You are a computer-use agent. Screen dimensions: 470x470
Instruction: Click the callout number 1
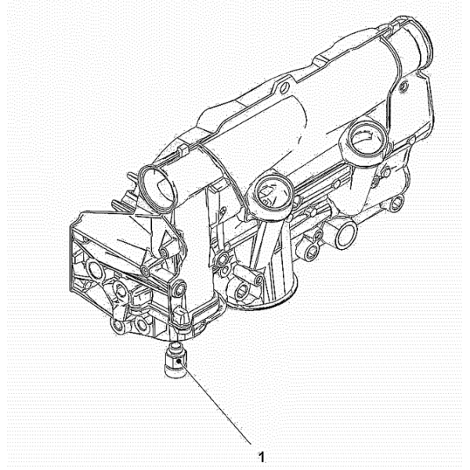pyautogui.click(x=262, y=457)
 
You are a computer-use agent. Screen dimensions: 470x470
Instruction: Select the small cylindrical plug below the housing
pyautogui.click(x=176, y=361)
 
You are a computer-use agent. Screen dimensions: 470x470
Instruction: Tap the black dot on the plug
pyautogui.click(x=179, y=361)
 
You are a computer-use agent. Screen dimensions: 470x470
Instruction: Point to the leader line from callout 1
pyautogui.click(x=215, y=403)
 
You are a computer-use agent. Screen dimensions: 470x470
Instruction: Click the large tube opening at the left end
pyautogui.click(x=156, y=188)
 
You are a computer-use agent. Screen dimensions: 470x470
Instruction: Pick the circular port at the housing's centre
pyautogui.click(x=273, y=192)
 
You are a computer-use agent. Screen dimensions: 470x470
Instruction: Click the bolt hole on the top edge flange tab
pyautogui.click(x=284, y=88)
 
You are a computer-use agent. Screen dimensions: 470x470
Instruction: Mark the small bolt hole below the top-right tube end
pyautogui.click(x=403, y=87)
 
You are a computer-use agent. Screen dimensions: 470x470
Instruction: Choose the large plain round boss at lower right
pyautogui.click(x=345, y=235)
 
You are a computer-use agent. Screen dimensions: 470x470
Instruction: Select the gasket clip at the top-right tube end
pyautogui.click(x=396, y=24)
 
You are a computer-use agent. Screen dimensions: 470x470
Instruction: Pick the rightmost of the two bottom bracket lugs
pyautogui.click(x=139, y=324)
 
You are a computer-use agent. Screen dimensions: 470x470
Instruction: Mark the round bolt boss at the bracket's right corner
pyautogui.click(x=180, y=288)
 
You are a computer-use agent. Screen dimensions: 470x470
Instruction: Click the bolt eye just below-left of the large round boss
pyautogui.click(x=312, y=251)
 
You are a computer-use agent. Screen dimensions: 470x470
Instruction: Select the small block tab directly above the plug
pyautogui.click(x=181, y=315)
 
